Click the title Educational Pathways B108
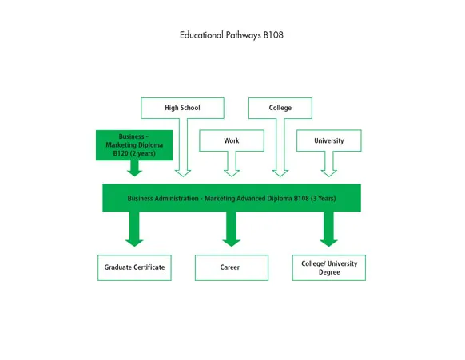[232, 36]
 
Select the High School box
[182, 108]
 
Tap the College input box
[280, 108]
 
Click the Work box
[231, 141]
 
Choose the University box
[328, 141]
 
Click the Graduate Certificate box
[134, 267]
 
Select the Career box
[230, 267]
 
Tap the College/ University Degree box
[328, 267]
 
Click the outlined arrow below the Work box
[232, 164]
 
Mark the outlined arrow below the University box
[328, 164]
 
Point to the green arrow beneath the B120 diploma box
[134, 168]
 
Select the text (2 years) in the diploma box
[146, 154]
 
